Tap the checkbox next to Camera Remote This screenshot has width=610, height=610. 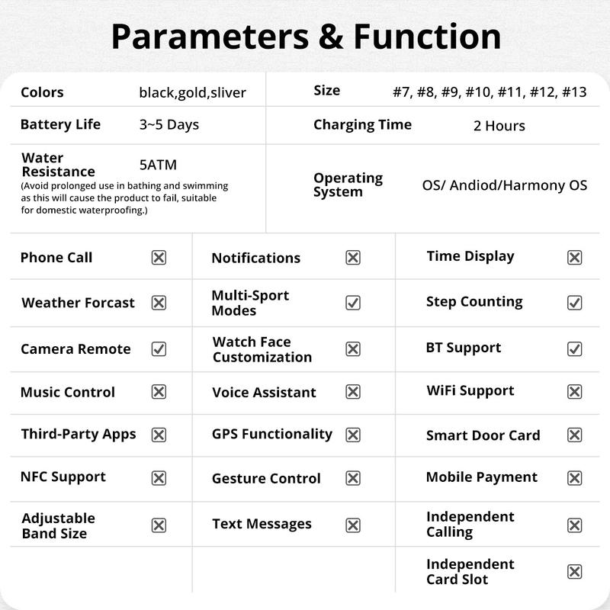[159, 349]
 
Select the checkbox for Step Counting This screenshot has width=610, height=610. [575, 303]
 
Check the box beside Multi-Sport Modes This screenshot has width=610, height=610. [353, 303]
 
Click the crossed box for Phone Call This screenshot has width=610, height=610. [159, 258]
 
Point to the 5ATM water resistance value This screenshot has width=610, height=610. [158, 165]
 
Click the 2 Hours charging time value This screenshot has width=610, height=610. [499, 126]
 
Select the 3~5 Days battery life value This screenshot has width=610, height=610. [169, 125]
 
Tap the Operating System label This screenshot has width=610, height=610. [348, 185]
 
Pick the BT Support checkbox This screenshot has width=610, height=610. [575, 348]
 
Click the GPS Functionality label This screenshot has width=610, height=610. [271, 434]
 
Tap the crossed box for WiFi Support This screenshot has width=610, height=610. [575, 392]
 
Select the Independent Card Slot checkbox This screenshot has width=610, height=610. [575, 572]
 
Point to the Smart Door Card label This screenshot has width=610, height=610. [483, 436]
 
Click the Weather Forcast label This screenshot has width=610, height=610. [78, 303]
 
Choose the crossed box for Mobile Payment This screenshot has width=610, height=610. [575, 478]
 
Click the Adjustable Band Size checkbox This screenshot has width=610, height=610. [159, 525]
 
